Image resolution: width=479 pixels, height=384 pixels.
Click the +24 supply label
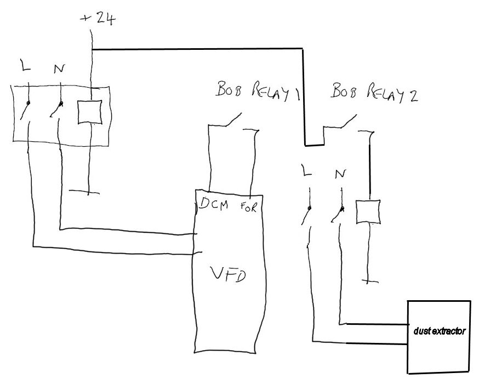(x=99, y=18)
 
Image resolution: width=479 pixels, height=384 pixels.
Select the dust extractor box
(x=438, y=336)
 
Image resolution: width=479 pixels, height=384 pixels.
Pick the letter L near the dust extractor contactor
(x=306, y=171)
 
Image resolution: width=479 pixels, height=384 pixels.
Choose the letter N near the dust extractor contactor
(x=340, y=174)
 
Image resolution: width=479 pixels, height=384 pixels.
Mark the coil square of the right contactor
(x=368, y=212)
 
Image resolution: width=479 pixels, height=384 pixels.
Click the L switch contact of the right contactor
(x=306, y=215)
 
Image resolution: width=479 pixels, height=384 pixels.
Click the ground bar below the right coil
(x=370, y=282)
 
